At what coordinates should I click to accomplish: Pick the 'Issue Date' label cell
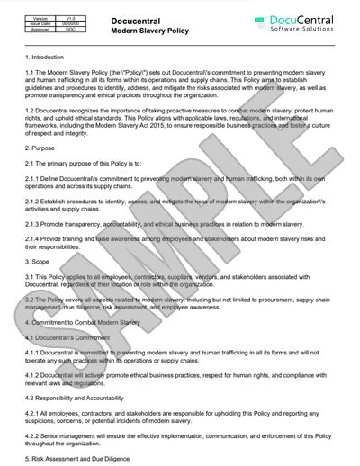[40, 22]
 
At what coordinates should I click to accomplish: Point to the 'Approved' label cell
[40, 29]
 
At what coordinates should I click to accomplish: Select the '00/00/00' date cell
[66, 22]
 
